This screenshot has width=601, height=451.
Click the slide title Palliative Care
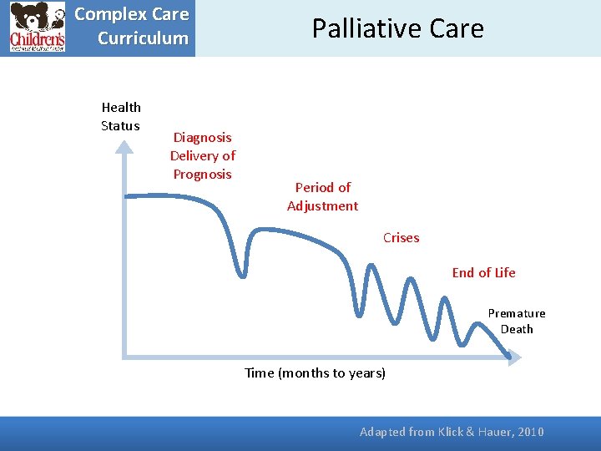(x=397, y=28)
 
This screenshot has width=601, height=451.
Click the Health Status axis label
(x=121, y=116)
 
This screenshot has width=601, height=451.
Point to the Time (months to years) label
(x=315, y=372)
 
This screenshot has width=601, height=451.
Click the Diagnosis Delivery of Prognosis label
(x=202, y=155)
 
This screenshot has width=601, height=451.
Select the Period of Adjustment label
(x=322, y=196)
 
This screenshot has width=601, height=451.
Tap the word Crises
(x=401, y=238)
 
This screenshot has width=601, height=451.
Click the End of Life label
(x=483, y=272)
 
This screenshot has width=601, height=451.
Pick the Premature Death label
(x=517, y=321)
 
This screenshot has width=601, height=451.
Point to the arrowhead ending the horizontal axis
(x=513, y=357)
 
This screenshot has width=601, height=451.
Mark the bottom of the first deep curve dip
(x=243, y=273)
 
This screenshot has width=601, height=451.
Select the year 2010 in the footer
(x=530, y=432)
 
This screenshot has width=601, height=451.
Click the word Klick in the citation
(x=447, y=432)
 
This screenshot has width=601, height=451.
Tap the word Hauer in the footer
(x=493, y=432)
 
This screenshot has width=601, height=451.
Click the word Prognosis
(x=202, y=174)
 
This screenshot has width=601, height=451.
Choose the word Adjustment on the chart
(x=322, y=205)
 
